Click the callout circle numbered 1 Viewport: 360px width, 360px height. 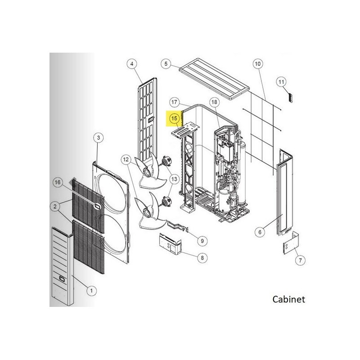(91, 291)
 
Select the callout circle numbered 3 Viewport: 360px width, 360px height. (99, 138)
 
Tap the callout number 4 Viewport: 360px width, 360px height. (132, 63)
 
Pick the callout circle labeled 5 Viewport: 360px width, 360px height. (166, 63)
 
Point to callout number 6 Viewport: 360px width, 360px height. (260, 232)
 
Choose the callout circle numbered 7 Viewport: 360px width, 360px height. (300, 261)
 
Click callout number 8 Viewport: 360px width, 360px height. (202, 258)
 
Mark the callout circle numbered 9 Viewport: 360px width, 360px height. (202, 241)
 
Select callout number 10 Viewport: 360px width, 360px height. (258, 63)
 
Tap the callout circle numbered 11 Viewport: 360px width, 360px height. (282, 82)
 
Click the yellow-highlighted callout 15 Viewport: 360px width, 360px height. (174, 118)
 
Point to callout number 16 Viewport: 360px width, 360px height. (58, 182)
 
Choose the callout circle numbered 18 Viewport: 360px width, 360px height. (214, 102)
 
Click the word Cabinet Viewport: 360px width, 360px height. (288, 299)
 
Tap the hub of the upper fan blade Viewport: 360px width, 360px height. (146, 171)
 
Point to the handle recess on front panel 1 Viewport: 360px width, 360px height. (62, 279)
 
